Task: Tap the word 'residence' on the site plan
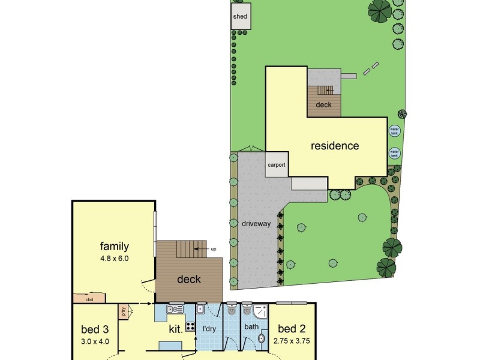334,146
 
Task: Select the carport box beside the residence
277,165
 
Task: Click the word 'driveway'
256,224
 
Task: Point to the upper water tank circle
395,130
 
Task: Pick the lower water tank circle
395,153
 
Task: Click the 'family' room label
115,245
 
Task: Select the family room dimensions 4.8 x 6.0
115,259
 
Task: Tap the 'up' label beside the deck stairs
213,249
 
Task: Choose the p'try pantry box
123,311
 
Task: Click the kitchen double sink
175,310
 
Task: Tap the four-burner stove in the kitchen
190,327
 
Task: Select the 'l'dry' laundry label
209,329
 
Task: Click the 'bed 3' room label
95,329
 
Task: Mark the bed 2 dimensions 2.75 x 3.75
292,341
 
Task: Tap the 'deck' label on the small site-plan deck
324,105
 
